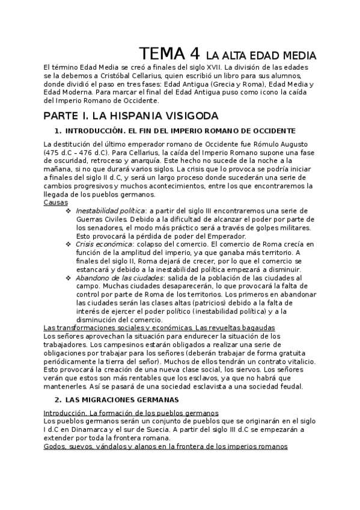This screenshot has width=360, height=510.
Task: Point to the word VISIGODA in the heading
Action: pos(180,115)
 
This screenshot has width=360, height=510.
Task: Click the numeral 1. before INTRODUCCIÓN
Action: pos(58,131)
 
